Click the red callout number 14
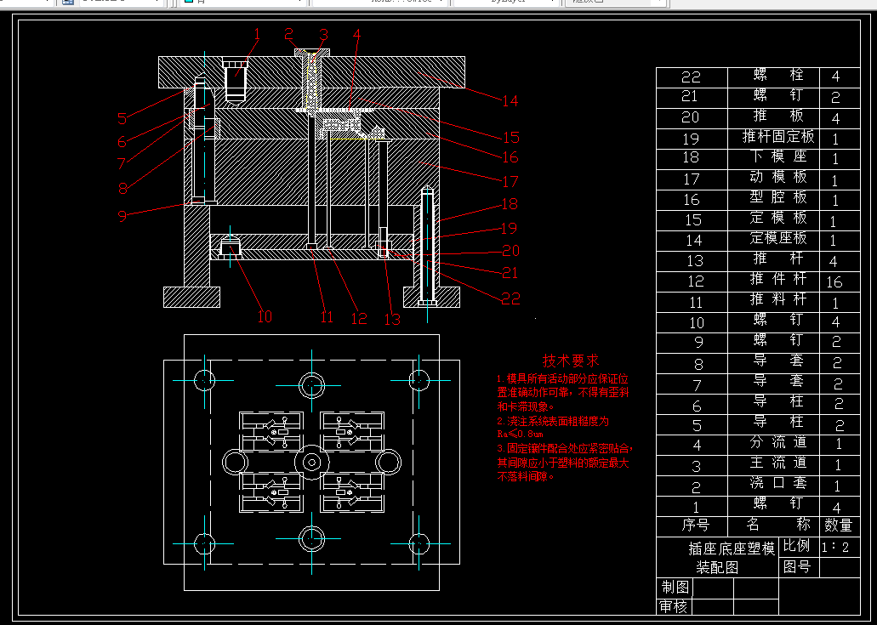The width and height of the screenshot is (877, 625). coord(510,101)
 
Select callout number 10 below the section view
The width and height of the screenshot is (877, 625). coord(265,317)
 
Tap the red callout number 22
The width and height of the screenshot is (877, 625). coord(510,298)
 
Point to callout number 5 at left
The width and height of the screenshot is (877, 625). coord(122,119)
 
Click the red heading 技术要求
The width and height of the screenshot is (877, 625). coord(571,361)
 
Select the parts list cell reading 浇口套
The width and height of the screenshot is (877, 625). coord(777,484)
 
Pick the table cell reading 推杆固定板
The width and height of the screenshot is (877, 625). coord(777,137)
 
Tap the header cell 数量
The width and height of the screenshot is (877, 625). coord(837,526)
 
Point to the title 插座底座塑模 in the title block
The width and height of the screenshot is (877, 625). coord(732,549)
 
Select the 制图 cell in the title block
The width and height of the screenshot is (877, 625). coord(675,588)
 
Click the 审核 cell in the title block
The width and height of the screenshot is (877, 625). coord(675,606)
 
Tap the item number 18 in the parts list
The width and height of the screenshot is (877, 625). coord(691,158)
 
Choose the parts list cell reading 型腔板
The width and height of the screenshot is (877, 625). coord(777,198)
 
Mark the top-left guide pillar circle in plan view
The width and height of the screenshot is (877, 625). coord(205,379)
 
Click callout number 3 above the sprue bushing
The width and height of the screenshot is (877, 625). coord(323,35)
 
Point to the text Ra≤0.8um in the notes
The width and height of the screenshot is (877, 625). coord(519,435)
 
